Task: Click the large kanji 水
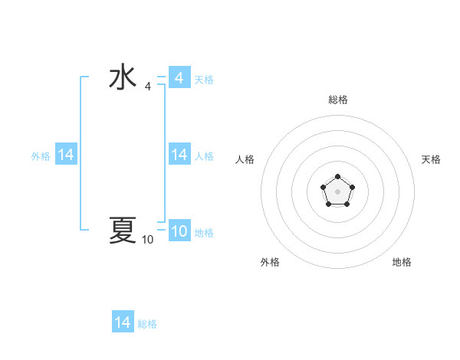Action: pos(123,78)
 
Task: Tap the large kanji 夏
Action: pos(123,230)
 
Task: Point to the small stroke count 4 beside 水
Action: pos(147,87)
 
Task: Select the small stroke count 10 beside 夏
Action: pos(147,240)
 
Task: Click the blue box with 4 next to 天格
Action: pos(179,78)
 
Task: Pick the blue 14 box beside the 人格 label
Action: pos(179,155)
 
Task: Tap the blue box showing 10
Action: pos(179,231)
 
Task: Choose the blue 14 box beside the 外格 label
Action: pos(65,155)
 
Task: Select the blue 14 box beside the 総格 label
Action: pos(123,322)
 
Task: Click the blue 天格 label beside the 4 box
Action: pos(204,80)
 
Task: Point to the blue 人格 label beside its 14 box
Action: pos(204,156)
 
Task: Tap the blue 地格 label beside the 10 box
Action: pos(204,233)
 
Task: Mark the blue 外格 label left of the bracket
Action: pos(41,156)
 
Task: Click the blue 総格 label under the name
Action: pos(147,324)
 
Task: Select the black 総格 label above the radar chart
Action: pos(337,100)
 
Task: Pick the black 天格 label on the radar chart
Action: pos(431,159)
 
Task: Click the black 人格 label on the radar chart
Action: pos(245,159)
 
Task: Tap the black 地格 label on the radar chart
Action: pos(402,262)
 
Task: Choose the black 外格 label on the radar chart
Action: pos(270,262)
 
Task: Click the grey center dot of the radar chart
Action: pos(337,191)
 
